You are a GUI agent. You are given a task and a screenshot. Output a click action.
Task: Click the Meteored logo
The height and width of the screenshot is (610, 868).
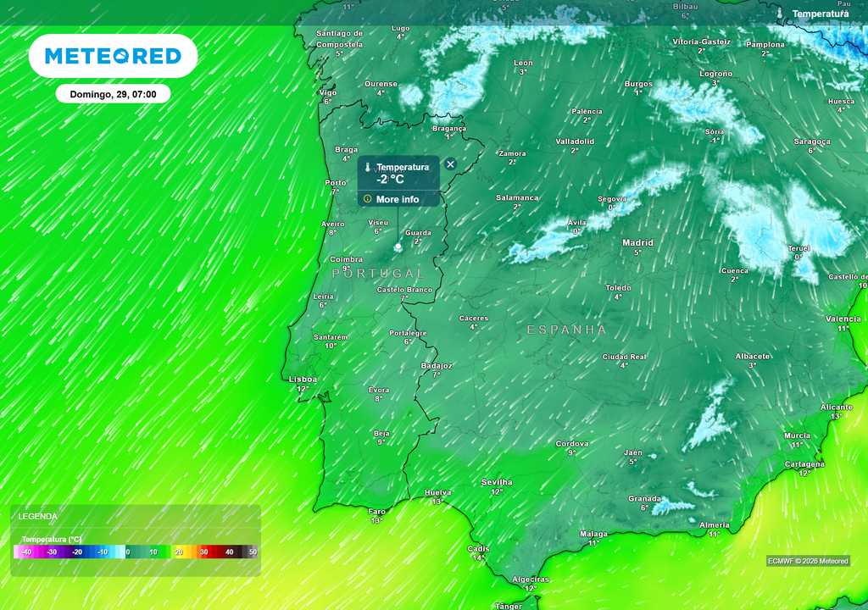113,56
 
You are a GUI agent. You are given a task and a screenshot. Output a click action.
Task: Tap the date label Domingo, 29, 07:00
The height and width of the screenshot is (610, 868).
113,94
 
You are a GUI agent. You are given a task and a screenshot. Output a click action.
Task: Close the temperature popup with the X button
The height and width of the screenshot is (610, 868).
450,164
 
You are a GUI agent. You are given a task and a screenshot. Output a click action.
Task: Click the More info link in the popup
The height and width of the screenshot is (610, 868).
398,200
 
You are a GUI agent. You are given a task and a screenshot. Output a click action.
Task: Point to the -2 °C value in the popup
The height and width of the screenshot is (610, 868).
391,180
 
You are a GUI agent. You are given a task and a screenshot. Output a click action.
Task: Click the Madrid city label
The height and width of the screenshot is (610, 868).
638,243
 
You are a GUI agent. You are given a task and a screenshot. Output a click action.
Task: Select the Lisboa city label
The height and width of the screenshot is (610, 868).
303,380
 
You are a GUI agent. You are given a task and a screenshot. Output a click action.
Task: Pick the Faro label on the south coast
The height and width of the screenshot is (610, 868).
376,511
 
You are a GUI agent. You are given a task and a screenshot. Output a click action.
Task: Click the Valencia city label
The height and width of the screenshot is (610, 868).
843,319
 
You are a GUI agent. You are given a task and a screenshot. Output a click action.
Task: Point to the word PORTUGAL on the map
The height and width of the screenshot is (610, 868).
378,274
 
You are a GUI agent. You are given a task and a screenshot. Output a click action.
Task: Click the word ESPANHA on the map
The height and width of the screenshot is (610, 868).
567,330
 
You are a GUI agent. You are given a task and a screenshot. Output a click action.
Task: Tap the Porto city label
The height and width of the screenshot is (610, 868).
336,183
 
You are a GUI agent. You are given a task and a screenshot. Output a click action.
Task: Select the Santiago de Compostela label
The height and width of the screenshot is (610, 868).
339,39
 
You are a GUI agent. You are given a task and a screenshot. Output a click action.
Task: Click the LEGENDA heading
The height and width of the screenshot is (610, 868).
38,516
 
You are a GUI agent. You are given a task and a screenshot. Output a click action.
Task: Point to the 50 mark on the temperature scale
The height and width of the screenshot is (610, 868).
253,552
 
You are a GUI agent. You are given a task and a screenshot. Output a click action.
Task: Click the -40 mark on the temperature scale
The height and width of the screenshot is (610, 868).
26,552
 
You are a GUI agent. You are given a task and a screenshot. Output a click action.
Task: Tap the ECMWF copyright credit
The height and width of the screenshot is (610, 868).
808,561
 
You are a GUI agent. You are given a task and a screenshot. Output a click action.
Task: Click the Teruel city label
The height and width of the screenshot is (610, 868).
798,248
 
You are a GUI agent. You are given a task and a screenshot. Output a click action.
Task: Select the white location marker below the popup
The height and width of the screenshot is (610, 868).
398,247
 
